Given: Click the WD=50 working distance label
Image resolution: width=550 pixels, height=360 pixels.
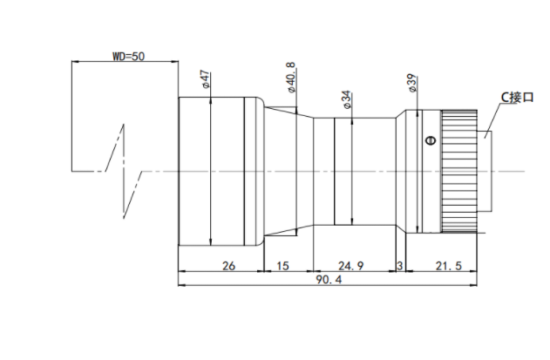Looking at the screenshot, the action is (128, 56).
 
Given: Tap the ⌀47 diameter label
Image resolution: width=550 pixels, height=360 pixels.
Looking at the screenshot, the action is (206, 79).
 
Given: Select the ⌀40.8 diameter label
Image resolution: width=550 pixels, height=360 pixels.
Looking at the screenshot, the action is (292, 78).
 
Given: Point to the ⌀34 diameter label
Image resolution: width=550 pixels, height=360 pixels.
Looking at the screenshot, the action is (347, 100).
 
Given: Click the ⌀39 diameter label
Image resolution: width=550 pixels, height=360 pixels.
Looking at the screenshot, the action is (412, 83).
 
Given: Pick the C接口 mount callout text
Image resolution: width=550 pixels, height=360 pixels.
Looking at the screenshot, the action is (517, 98).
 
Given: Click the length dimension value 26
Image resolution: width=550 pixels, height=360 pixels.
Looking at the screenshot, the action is (228, 266).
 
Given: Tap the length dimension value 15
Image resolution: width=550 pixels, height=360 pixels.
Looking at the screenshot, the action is (282, 266).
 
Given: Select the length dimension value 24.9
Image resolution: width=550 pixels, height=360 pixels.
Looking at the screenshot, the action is (350, 266).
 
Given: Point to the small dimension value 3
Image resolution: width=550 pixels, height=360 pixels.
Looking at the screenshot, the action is (400, 266).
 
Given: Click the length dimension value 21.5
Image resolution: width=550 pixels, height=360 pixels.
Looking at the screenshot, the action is (449, 266).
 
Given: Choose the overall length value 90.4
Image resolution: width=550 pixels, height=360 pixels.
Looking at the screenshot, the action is (329, 280).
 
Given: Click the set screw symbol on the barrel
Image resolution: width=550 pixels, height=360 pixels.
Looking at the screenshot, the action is (431, 140).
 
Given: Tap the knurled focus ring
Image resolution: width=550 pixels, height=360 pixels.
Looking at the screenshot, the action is (458, 171).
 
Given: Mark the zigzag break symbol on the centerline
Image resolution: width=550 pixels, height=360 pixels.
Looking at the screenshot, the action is (124, 171).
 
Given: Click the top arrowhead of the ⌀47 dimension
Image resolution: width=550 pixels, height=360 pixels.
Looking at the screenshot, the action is (210, 100).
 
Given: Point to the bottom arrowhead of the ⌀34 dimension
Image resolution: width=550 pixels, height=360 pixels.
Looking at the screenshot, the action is (352, 221).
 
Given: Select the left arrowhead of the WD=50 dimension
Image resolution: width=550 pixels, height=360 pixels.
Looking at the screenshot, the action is (76, 61).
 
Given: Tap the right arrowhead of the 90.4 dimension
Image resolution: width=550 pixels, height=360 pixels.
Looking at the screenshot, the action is (473, 285).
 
